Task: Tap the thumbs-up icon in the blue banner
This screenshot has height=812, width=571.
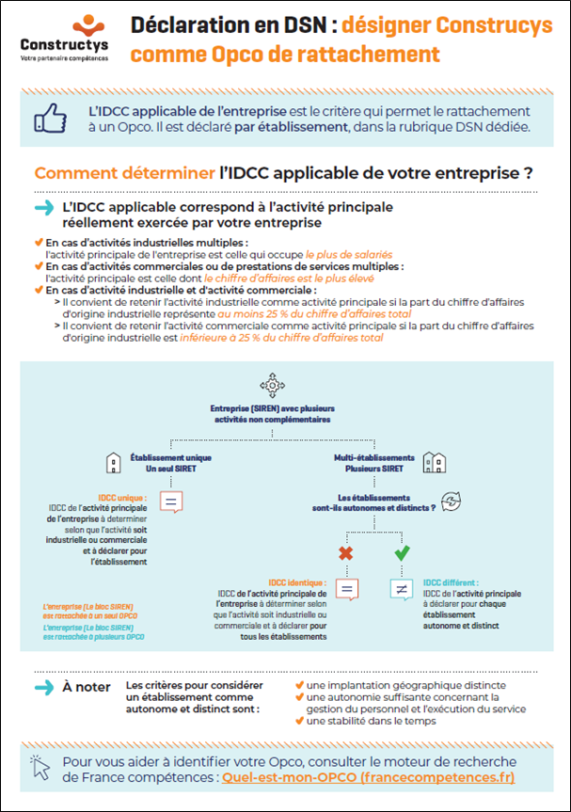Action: (49, 119)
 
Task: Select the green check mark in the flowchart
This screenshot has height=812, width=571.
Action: (402, 553)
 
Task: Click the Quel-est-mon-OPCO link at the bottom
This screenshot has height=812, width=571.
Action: (368, 778)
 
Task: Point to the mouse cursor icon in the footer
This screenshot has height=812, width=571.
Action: (39, 768)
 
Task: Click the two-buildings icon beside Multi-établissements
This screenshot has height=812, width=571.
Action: (434, 462)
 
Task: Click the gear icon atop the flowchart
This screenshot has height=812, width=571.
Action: (272, 384)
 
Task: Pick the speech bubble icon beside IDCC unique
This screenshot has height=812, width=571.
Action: (171, 502)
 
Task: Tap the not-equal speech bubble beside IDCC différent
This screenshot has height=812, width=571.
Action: (402, 590)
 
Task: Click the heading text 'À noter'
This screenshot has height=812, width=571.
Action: (87, 687)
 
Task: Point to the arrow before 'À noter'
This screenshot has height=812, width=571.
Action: (43, 688)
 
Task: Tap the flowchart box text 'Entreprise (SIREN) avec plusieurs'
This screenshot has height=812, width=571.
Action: (272, 409)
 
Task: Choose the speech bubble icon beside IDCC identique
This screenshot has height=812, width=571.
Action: (346, 590)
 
